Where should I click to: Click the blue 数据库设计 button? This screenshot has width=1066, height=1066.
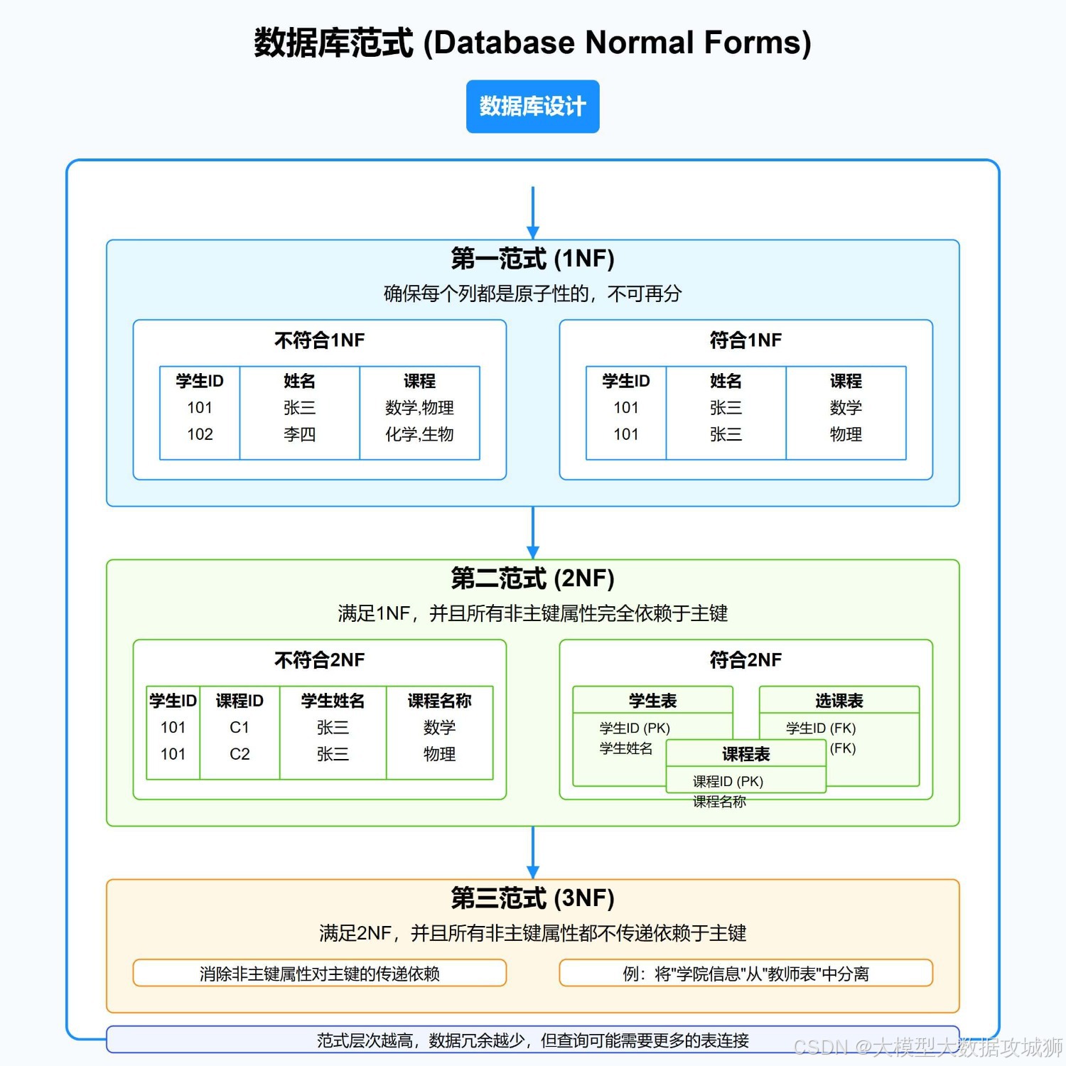[x=532, y=107]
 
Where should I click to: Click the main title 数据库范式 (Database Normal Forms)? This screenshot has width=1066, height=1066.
[x=532, y=43]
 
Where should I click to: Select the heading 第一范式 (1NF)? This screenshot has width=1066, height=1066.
[x=532, y=259]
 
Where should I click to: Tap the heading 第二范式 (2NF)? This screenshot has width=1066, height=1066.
[x=532, y=578]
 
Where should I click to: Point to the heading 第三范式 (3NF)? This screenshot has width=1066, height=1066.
[x=532, y=898]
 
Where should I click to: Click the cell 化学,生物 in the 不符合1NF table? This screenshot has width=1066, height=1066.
[x=419, y=434]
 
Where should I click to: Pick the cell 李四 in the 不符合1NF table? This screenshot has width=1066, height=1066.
[x=299, y=434]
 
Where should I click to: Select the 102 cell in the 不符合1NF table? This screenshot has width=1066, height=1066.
[x=200, y=434]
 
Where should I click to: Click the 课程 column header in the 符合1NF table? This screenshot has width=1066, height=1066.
[x=846, y=381]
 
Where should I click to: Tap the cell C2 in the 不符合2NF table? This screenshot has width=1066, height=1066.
[x=239, y=754]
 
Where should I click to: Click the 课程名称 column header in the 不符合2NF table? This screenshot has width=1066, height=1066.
[x=439, y=701]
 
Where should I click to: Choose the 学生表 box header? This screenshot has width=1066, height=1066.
[x=652, y=701]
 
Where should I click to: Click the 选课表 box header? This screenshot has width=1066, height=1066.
[x=839, y=701]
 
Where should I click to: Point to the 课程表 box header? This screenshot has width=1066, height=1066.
[x=745, y=754]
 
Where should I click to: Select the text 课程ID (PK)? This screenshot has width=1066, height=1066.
[x=728, y=782]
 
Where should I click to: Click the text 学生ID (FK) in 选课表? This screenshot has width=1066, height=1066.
[x=821, y=728]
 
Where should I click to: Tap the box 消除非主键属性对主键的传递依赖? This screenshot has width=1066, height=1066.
[x=319, y=974]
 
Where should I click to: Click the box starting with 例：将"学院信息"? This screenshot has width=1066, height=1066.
[x=745, y=974]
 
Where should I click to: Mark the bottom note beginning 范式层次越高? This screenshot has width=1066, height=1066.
[x=532, y=1040]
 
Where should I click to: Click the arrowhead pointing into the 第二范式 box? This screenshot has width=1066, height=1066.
[x=533, y=553]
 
